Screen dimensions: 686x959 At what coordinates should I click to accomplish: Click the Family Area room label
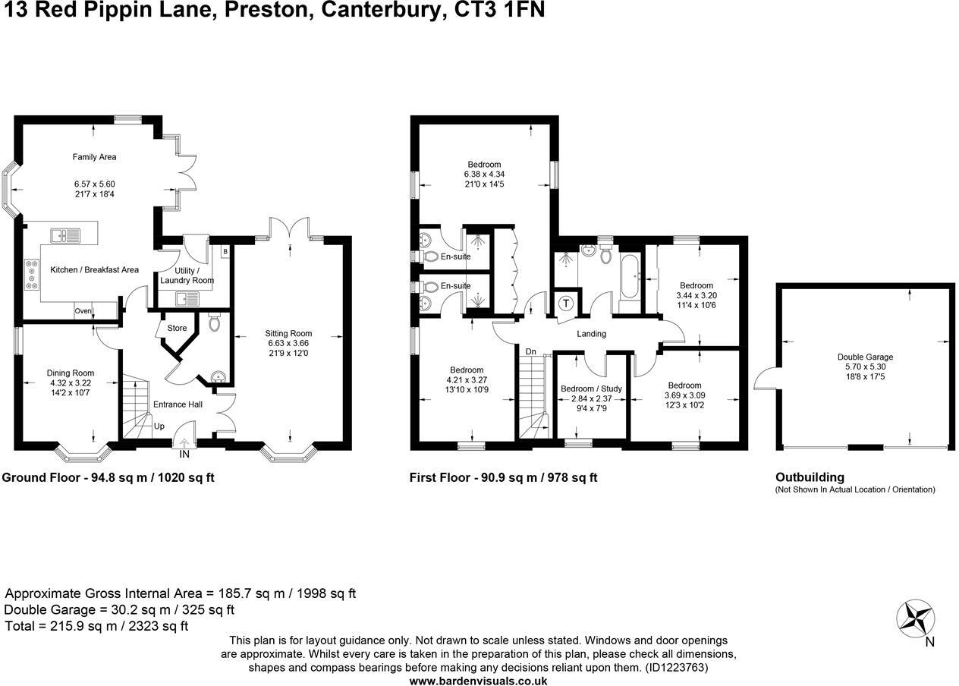click(x=94, y=157)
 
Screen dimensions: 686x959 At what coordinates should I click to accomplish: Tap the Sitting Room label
click(x=288, y=333)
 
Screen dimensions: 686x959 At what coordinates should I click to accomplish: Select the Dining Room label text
click(x=71, y=373)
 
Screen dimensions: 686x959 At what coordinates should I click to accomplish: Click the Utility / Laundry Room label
click(x=187, y=275)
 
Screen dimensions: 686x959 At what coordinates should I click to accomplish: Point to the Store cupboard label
click(x=177, y=329)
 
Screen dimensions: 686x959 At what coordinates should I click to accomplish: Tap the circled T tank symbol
click(x=566, y=304)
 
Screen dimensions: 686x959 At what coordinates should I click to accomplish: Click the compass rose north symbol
click(x=915, y=617)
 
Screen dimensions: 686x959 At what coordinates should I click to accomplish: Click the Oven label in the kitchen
click(x=83, y=311)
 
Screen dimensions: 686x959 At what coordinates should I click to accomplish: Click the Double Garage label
click(x=865, y=357)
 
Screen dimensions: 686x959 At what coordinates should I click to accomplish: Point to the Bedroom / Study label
click(x=591, y=389)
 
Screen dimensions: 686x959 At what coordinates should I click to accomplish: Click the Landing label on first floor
click(x=591, y=334)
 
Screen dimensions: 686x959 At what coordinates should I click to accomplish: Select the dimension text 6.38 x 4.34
click(x=484, y=175)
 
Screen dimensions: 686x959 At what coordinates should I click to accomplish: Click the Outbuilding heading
click(x=810, y=477)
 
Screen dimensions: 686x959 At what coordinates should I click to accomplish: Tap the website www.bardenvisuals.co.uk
click(x=478, y=681)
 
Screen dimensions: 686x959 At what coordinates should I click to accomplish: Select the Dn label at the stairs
click(x=531, y=352)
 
